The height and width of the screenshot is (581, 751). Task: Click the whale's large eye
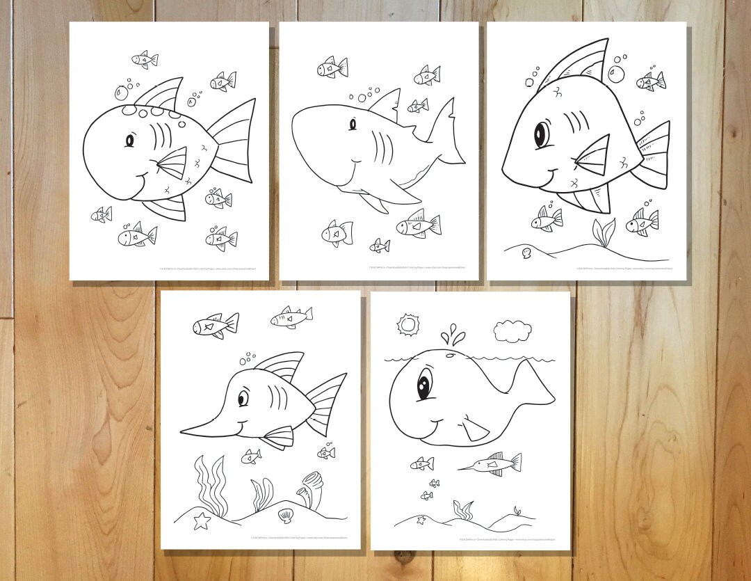[423, 385]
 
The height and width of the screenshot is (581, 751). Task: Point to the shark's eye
[353, 124]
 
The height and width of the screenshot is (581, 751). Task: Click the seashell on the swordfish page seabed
[285, 516]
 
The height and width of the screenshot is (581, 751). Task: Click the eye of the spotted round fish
[129, 141]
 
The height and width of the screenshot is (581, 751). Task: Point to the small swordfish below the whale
[491, 463]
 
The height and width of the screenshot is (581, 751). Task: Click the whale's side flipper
[475, 427]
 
